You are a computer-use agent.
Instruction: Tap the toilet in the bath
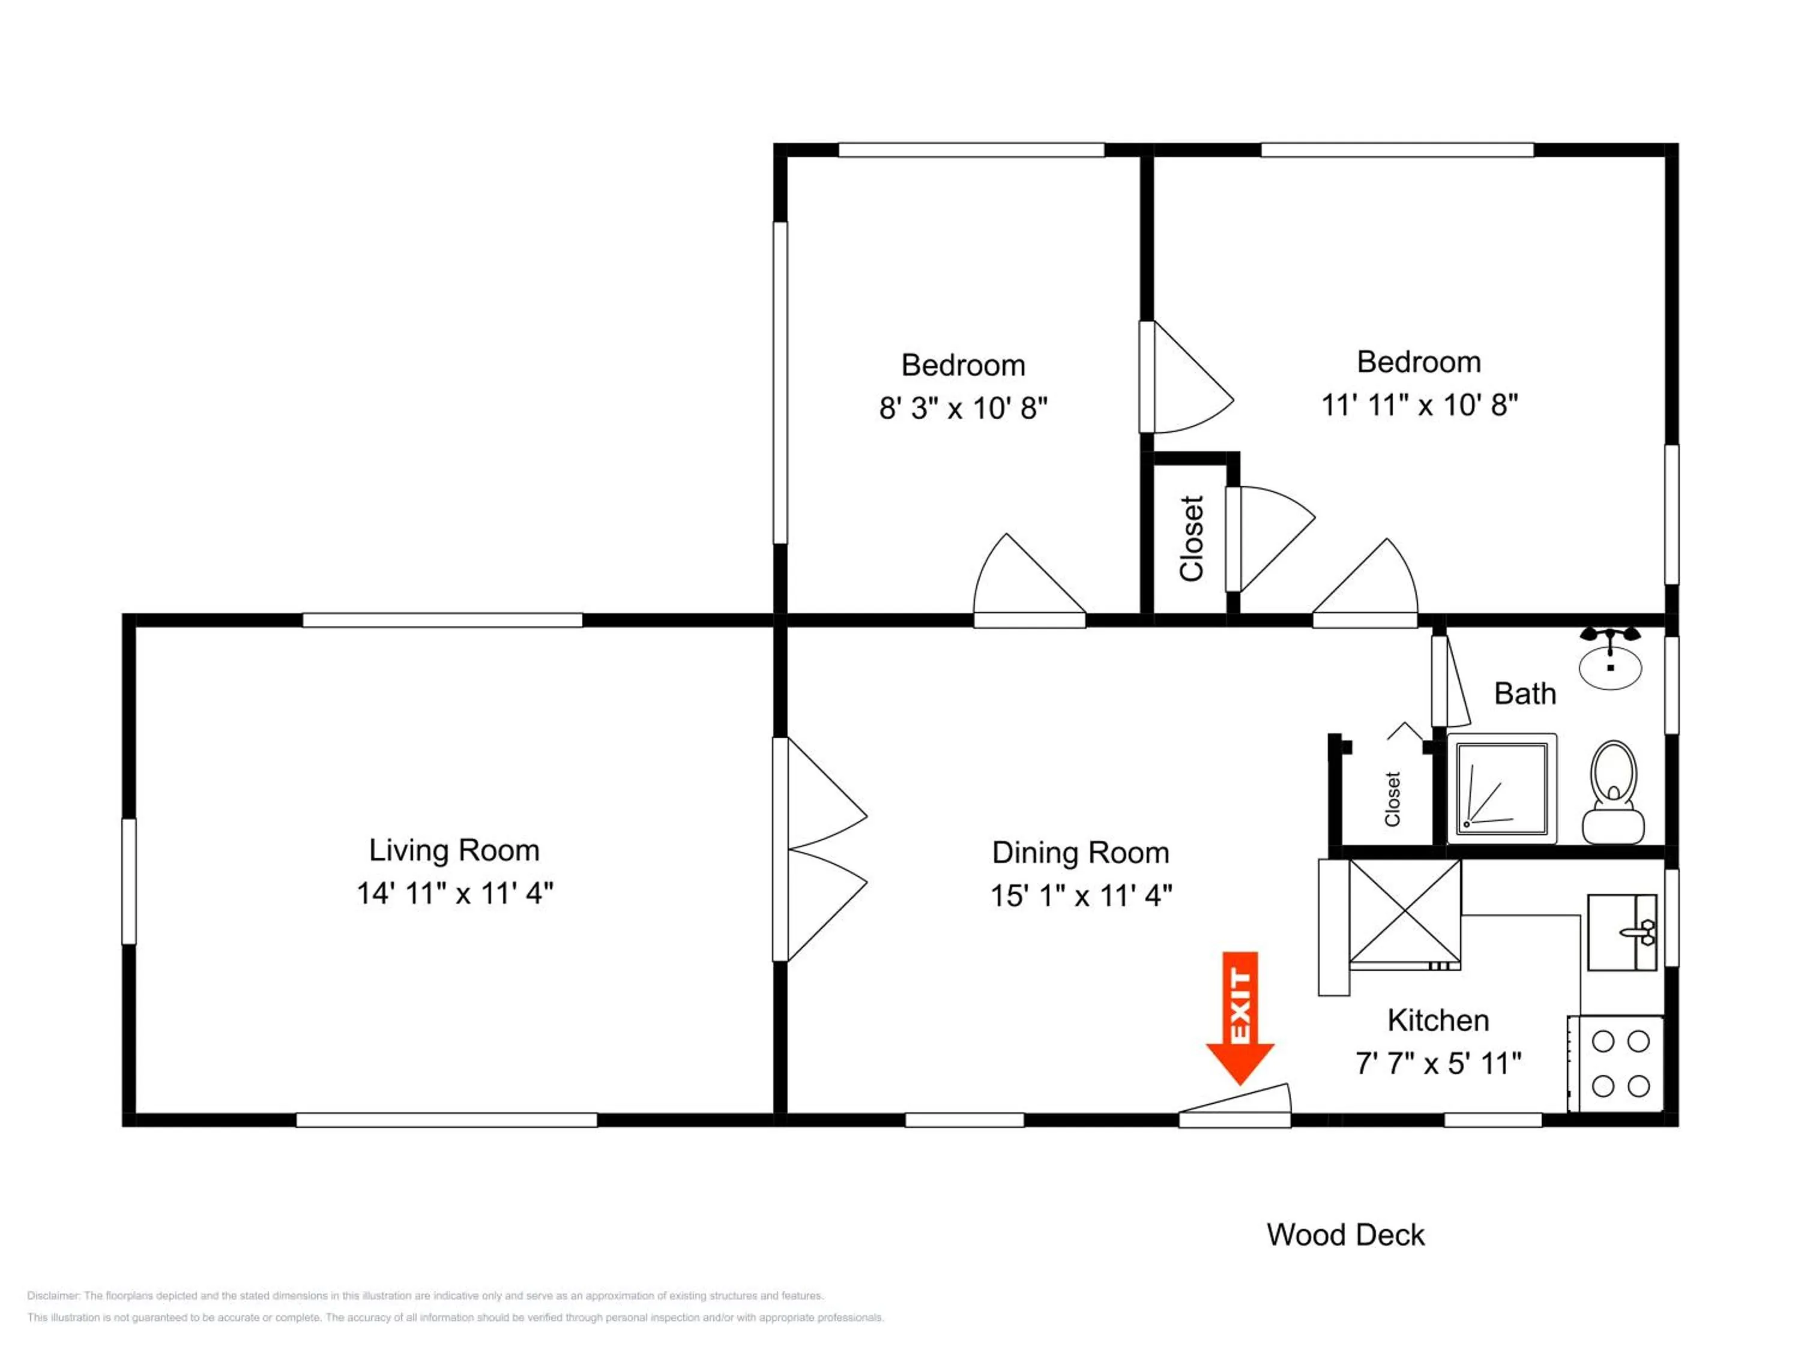[x=1612, y=793]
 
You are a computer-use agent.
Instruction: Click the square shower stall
[x=1501, y=788]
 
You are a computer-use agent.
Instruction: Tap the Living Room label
[x=454, y=850]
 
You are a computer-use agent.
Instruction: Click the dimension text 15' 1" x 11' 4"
[x=1081, y=896]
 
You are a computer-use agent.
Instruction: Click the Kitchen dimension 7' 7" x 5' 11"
[x=1438, y=1063]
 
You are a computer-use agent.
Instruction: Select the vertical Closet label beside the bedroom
[x=1191, y=539]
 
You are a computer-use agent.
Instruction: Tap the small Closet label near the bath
[x=1392, y=799]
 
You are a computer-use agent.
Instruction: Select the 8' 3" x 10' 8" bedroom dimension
[x=962, y=407]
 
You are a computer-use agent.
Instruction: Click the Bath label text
[x=1524, y=694]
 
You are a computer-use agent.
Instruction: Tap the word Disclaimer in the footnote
[x=52, y=1295]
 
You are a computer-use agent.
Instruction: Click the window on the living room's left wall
[x=128, y=881]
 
